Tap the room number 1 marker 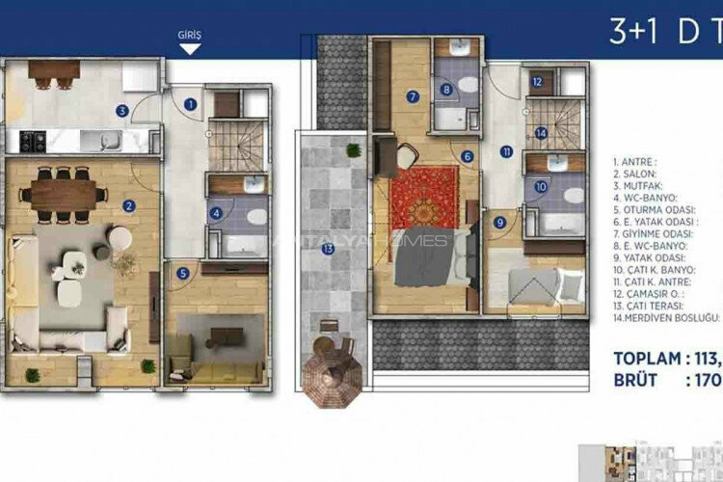coord(191,104)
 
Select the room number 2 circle coord(128,205)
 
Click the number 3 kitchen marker coord(121,111)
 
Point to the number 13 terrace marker coord(328,249)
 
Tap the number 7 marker coord(412,96)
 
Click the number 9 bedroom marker coord(499,222)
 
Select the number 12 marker coord(537,83)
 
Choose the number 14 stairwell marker coord(543,133)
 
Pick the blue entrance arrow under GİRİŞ coord(191,47)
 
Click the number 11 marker coord(507,151)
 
